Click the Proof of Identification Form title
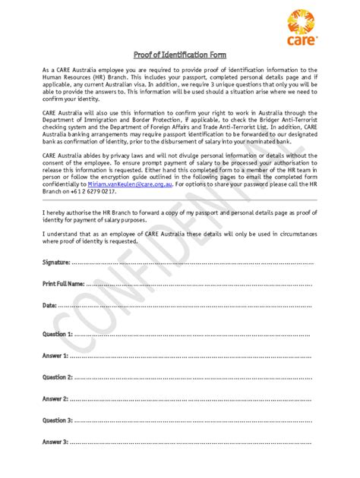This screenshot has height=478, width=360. click(179, 55)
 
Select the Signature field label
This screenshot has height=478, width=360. click(56, 262)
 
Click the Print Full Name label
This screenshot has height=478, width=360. click(64, 283)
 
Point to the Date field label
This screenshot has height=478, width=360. click(49, 305)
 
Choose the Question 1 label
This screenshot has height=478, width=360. click(58, 334)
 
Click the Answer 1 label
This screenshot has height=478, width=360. click(55, 355)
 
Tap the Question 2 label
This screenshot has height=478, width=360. click(58, 377)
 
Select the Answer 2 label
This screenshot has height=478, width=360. click(55, 398)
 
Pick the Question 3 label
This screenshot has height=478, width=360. click(58, 420)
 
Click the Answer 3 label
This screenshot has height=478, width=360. click(55, 442)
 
